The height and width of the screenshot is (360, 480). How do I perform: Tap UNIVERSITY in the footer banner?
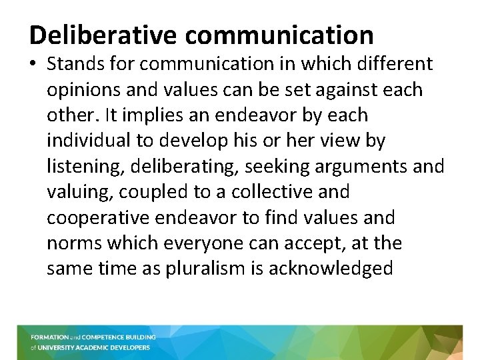(x=63, y=347)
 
